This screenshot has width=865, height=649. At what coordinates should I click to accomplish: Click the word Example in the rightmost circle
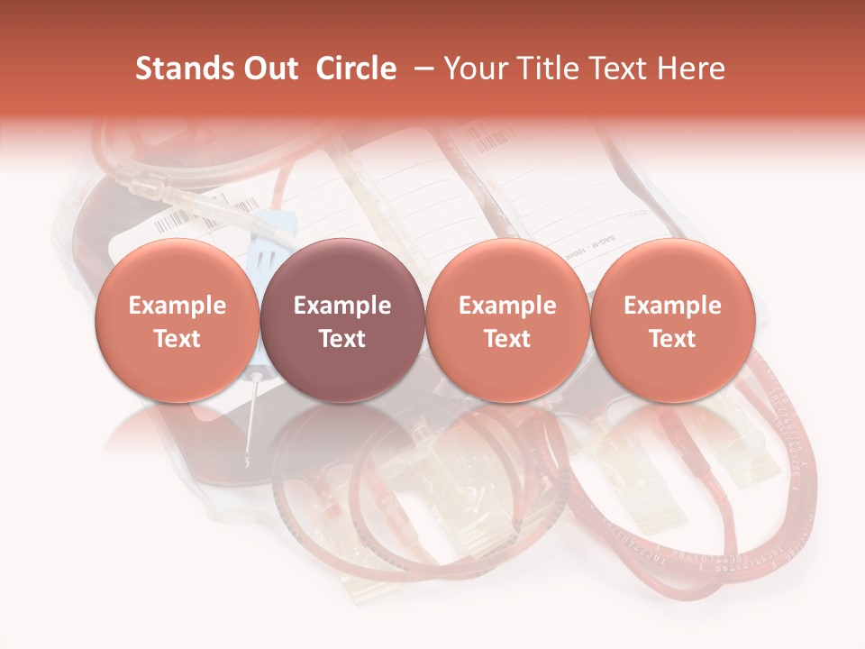point(672,306)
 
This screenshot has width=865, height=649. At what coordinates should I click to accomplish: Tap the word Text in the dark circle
point(341,339)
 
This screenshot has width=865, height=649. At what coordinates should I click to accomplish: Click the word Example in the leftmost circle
point(177,306)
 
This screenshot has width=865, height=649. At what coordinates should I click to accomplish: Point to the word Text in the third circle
point(507,339)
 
